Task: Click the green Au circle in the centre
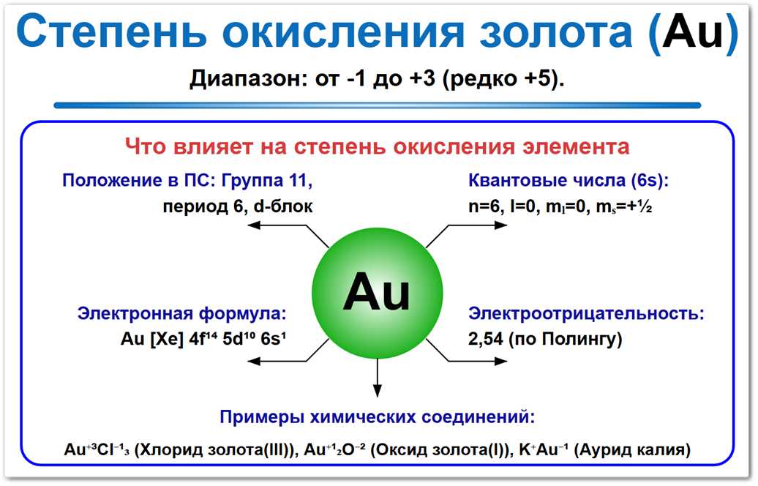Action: click(x=378, y=293)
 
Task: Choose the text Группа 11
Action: click(x=271, y=181)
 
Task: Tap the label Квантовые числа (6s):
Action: click(x=568, y=181)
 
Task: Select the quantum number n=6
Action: click(x=484, y=206)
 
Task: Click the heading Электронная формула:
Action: click(x=182, y=314)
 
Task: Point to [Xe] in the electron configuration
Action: click(x=169, y=340)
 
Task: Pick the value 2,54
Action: click(x=487, y=340)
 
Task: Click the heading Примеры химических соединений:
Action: click(x=378, y=418)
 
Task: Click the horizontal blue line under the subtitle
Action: click(x=378, y=105)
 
